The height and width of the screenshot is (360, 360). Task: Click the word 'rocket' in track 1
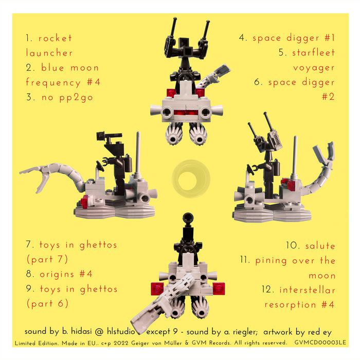coord(56,38)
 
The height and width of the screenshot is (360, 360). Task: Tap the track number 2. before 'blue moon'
coord(30,67)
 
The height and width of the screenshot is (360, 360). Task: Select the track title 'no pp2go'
coord(67,97)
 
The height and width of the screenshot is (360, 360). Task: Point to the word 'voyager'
coord(314,67)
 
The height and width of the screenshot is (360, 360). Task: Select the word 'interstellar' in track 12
coord(308,290)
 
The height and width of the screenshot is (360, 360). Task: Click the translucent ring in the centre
coord(190,178)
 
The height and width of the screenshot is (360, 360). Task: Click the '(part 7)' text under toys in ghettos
coord(47,259)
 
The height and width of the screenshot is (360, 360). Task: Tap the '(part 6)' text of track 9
coord(47,304)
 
